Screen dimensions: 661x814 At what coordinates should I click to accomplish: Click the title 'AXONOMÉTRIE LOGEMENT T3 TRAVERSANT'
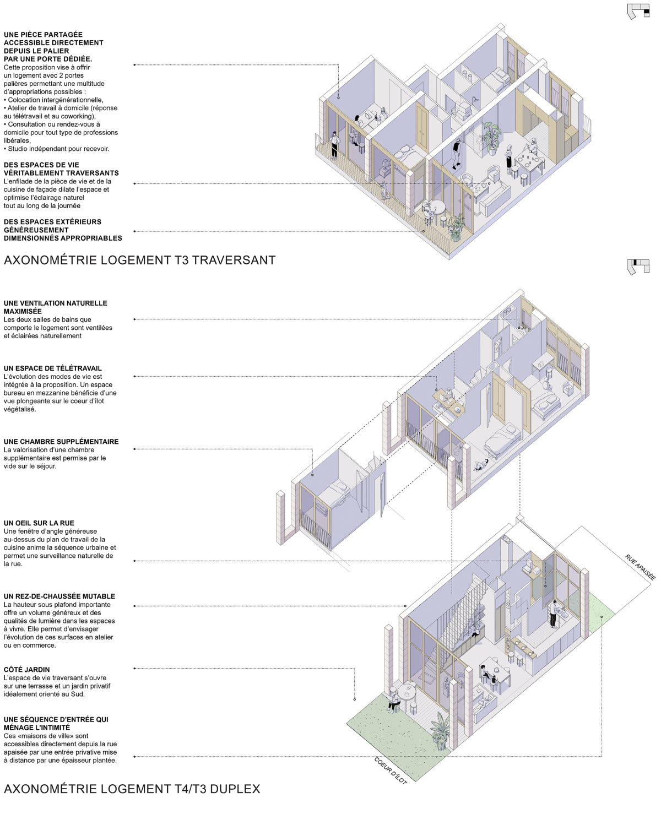[139, 261]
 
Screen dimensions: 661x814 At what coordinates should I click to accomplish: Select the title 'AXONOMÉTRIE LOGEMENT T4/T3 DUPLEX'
[132, 789]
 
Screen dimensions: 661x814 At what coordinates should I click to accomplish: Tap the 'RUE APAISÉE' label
[641, 567]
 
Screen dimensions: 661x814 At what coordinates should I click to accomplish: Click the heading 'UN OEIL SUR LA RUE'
[39, 523]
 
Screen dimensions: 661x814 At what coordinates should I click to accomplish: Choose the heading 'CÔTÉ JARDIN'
[27, 670]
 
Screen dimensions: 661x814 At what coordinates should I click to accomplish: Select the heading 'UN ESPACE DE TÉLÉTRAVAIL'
[53, 368]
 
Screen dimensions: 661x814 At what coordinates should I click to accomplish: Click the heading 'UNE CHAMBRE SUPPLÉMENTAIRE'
[61, 441]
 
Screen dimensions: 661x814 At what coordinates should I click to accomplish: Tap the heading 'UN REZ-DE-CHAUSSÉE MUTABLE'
[59, 596]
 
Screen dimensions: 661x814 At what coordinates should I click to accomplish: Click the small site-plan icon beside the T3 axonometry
[638, 12]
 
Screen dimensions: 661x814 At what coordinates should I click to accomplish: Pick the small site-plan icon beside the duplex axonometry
[638, 267]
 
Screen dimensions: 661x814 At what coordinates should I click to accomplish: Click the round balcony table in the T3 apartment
[436, 208]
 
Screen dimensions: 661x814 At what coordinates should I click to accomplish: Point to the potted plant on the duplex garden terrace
[440, 730]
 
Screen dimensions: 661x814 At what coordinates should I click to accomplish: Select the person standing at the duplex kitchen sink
[554, 614]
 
